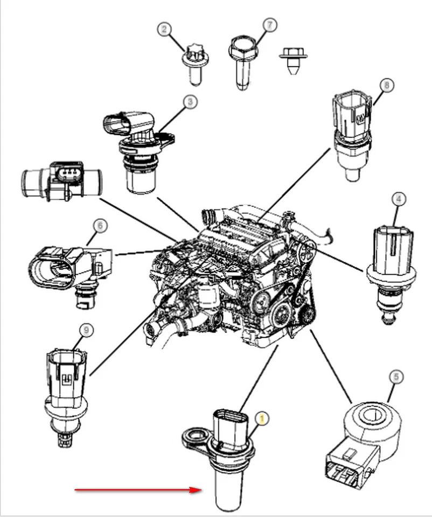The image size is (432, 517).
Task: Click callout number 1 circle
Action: point(262,418)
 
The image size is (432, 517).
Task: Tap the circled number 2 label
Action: point(165,30)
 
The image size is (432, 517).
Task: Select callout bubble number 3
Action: point(190,102)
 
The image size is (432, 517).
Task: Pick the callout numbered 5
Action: point(396,377)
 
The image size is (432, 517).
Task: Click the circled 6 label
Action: point(98,225)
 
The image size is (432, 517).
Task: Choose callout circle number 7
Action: point(269,24)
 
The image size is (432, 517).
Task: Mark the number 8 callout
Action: point(386,85)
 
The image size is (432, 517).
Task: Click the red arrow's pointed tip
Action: point(200,490)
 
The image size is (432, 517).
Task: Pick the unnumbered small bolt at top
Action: point(292,59)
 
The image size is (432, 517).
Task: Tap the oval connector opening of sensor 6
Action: point(52,269)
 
